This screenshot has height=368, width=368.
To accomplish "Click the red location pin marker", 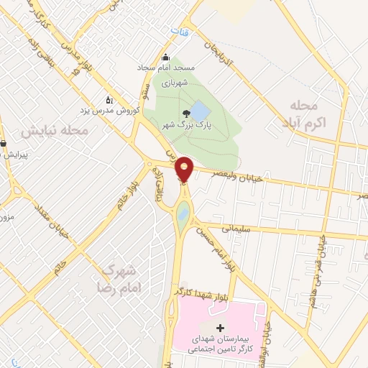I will pyautogui.click(x=185, y=168).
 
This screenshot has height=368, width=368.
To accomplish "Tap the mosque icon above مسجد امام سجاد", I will pyautogui.click(x=166, y=58).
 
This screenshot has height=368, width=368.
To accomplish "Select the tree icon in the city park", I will pyautogui.click(x=186, y=114).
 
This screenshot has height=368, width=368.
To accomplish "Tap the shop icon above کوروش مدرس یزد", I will pyautogui.click(x=109, y=100).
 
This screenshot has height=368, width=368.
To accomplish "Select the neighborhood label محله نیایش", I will pyautogui.click(x=54, y=132).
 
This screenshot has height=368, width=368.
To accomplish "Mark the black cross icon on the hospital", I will pyautogui.click(x=220, y=328).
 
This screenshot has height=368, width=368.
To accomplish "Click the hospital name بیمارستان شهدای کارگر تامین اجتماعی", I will pyautogui.click(x=217, y=342).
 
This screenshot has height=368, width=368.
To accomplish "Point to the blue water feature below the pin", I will pyautogui.click(x=183, y=213).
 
